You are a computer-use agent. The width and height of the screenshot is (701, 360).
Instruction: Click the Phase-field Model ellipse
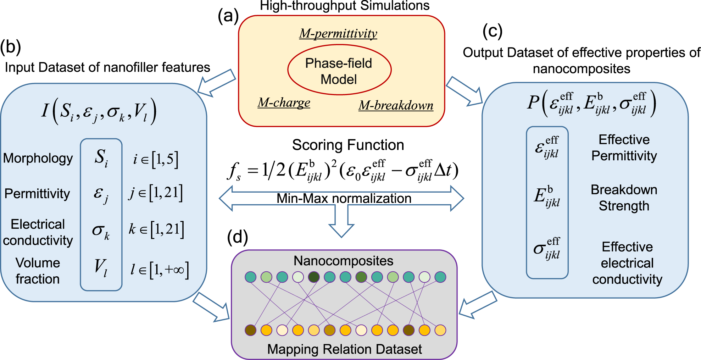coord(339,70)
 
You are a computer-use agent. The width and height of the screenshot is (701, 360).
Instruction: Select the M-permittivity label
coord(338,33)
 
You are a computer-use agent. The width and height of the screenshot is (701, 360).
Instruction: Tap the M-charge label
coord(284,103)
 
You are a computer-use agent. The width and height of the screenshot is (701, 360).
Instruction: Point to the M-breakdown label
coord(396,105)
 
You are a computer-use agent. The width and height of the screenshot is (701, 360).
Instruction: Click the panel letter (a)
coord(228,16)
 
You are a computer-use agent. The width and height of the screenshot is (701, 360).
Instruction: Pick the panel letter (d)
coord(237,237)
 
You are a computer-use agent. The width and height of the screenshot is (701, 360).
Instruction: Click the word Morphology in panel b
coord(38,158)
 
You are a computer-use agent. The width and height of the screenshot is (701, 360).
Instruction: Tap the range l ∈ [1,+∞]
coord(159,270)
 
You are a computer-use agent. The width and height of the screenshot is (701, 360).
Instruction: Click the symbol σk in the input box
coord(101,231)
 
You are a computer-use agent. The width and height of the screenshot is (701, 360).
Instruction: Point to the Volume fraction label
coord(38,271)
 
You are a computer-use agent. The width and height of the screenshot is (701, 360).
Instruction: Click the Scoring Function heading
coord(348,145)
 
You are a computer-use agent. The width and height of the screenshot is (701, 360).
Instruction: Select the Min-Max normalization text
coord(344,198)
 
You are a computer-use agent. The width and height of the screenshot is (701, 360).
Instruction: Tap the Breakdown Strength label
coord(624,198)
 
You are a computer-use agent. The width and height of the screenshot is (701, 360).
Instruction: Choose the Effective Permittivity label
coord(624,148)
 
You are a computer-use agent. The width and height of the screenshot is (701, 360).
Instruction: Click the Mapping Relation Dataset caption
coord(344,349)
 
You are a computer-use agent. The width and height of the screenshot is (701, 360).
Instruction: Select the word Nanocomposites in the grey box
coord(343,261)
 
